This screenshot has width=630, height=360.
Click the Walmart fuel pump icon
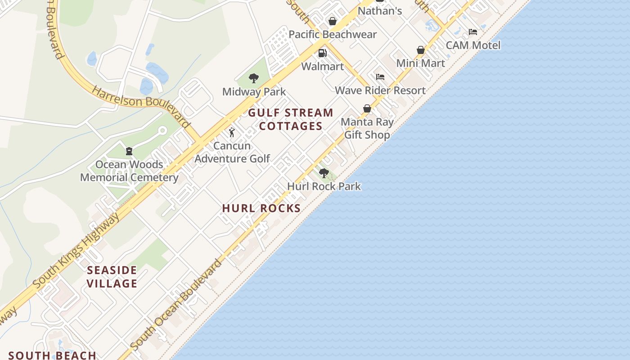coord(323,53)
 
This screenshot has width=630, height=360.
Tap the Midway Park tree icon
coord(254,78)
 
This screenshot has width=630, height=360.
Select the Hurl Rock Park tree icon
coord(324,173)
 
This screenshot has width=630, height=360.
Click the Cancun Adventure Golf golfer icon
coord(232,132)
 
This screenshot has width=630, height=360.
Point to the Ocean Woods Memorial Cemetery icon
coord(129,151)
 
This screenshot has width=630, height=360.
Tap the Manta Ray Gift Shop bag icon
coord(367,108)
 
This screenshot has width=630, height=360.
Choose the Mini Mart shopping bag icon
coord(421,50)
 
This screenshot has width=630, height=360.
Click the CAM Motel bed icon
coord(473,32)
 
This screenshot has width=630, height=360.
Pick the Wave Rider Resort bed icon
coord(380,77)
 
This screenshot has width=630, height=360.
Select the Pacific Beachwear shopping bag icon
coord(333,21)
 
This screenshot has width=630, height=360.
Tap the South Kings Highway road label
coord(76,250)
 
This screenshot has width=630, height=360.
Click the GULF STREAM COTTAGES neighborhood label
coord(291,119)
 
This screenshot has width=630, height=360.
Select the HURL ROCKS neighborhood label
coord(261,208)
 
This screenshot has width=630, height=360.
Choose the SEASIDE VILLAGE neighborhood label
coord(112,277)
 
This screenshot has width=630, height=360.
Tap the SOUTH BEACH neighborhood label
coord(52,355)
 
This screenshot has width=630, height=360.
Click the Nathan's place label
coord(380,11)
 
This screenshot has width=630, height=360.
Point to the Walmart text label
coord(323,67)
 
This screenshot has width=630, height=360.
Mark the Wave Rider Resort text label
coord(380,90)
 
